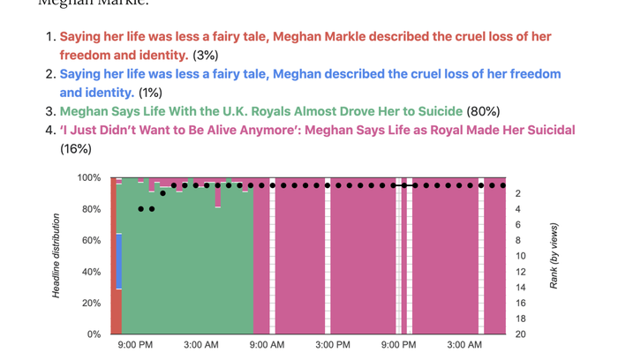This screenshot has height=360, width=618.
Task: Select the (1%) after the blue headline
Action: point(150,92)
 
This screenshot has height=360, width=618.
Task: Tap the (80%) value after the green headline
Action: point(484,111)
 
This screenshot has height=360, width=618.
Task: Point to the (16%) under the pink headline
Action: point(75,148)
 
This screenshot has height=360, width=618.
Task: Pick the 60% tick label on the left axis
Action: point(89,240)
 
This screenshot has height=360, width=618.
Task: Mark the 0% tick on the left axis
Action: point(92,334)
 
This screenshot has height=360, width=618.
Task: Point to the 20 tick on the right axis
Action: point(520,334)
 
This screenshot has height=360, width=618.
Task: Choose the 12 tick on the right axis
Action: point(520,272)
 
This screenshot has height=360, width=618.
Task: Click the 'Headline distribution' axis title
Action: point(57,256)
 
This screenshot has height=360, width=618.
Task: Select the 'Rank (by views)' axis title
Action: point(554,256)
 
